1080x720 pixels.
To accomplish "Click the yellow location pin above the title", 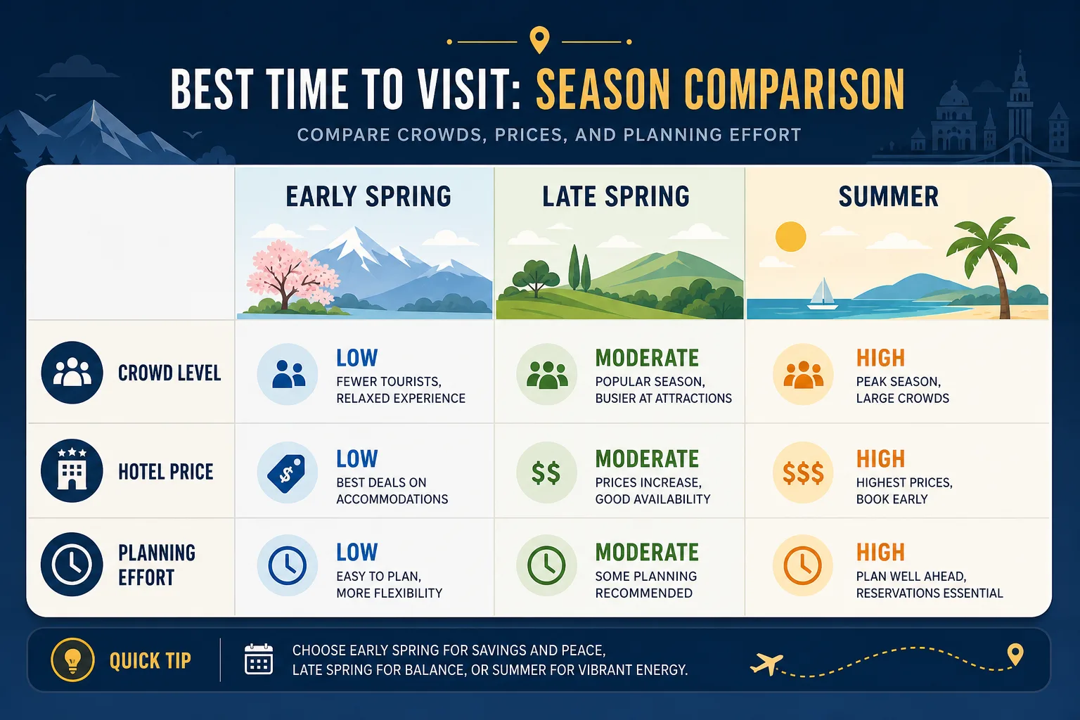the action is coord(539,40).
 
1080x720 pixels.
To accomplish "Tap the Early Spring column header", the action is coord(368,196).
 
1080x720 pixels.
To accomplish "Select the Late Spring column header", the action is coord(616,196).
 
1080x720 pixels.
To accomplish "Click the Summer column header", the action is coord(889,196).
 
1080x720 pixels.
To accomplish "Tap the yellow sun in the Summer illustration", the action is coord(790,236).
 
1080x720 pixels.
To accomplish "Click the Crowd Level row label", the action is coord(169,373).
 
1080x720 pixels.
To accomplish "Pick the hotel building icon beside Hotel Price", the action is coord(72,470).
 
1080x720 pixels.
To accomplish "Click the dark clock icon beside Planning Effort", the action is coord(72,564).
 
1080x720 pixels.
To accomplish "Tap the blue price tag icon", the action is coord(287,472).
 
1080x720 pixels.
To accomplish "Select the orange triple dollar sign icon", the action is coord(803,472).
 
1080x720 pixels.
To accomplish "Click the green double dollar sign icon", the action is coord(546,472).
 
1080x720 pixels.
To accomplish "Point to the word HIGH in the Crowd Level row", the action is coord(880,359).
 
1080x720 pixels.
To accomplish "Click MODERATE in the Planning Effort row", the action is coord(647,553).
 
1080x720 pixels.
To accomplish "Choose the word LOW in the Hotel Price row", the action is coord(356,458).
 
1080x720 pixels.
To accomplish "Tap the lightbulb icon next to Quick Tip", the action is coord(73,660).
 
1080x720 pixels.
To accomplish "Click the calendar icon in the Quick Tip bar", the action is coord(259,660).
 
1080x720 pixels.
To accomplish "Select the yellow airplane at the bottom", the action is coord(766,664).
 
